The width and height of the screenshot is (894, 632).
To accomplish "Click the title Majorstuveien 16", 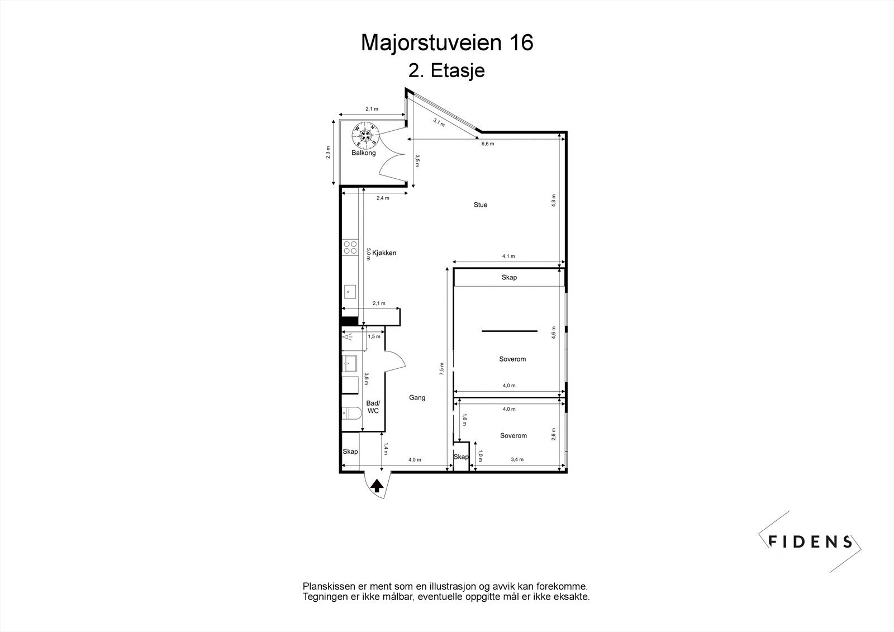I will (x=447, y=43).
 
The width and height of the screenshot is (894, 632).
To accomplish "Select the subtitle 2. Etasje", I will (x=446, y=72).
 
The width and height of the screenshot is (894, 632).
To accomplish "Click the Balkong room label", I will (x=363, y=153).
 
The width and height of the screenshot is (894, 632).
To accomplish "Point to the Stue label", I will (x=480, y=205).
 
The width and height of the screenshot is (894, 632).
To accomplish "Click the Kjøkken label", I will (x=384, y=253).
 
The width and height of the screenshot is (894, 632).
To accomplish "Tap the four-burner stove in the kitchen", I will (x=350, y=248).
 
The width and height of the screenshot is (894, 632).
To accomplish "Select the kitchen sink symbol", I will (x=350, y=291).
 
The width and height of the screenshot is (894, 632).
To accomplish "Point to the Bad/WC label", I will (x=373, y=407).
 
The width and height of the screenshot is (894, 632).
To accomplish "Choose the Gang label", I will (x=417, y=398).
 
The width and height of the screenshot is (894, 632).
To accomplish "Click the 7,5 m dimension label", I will (x=441, y=369).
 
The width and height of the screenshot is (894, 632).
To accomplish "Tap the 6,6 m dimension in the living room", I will (x=488, y=144).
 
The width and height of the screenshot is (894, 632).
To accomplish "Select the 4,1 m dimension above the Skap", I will (x=508, y=256).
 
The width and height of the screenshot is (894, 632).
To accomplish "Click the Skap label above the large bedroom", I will (x=509, y=278).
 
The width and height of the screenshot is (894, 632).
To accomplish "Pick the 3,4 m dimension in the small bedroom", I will (x=517, y=460).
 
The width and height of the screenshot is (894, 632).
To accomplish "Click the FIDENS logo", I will (x=810, y=541).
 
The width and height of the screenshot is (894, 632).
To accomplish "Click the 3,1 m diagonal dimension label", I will (x=439, y=122).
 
